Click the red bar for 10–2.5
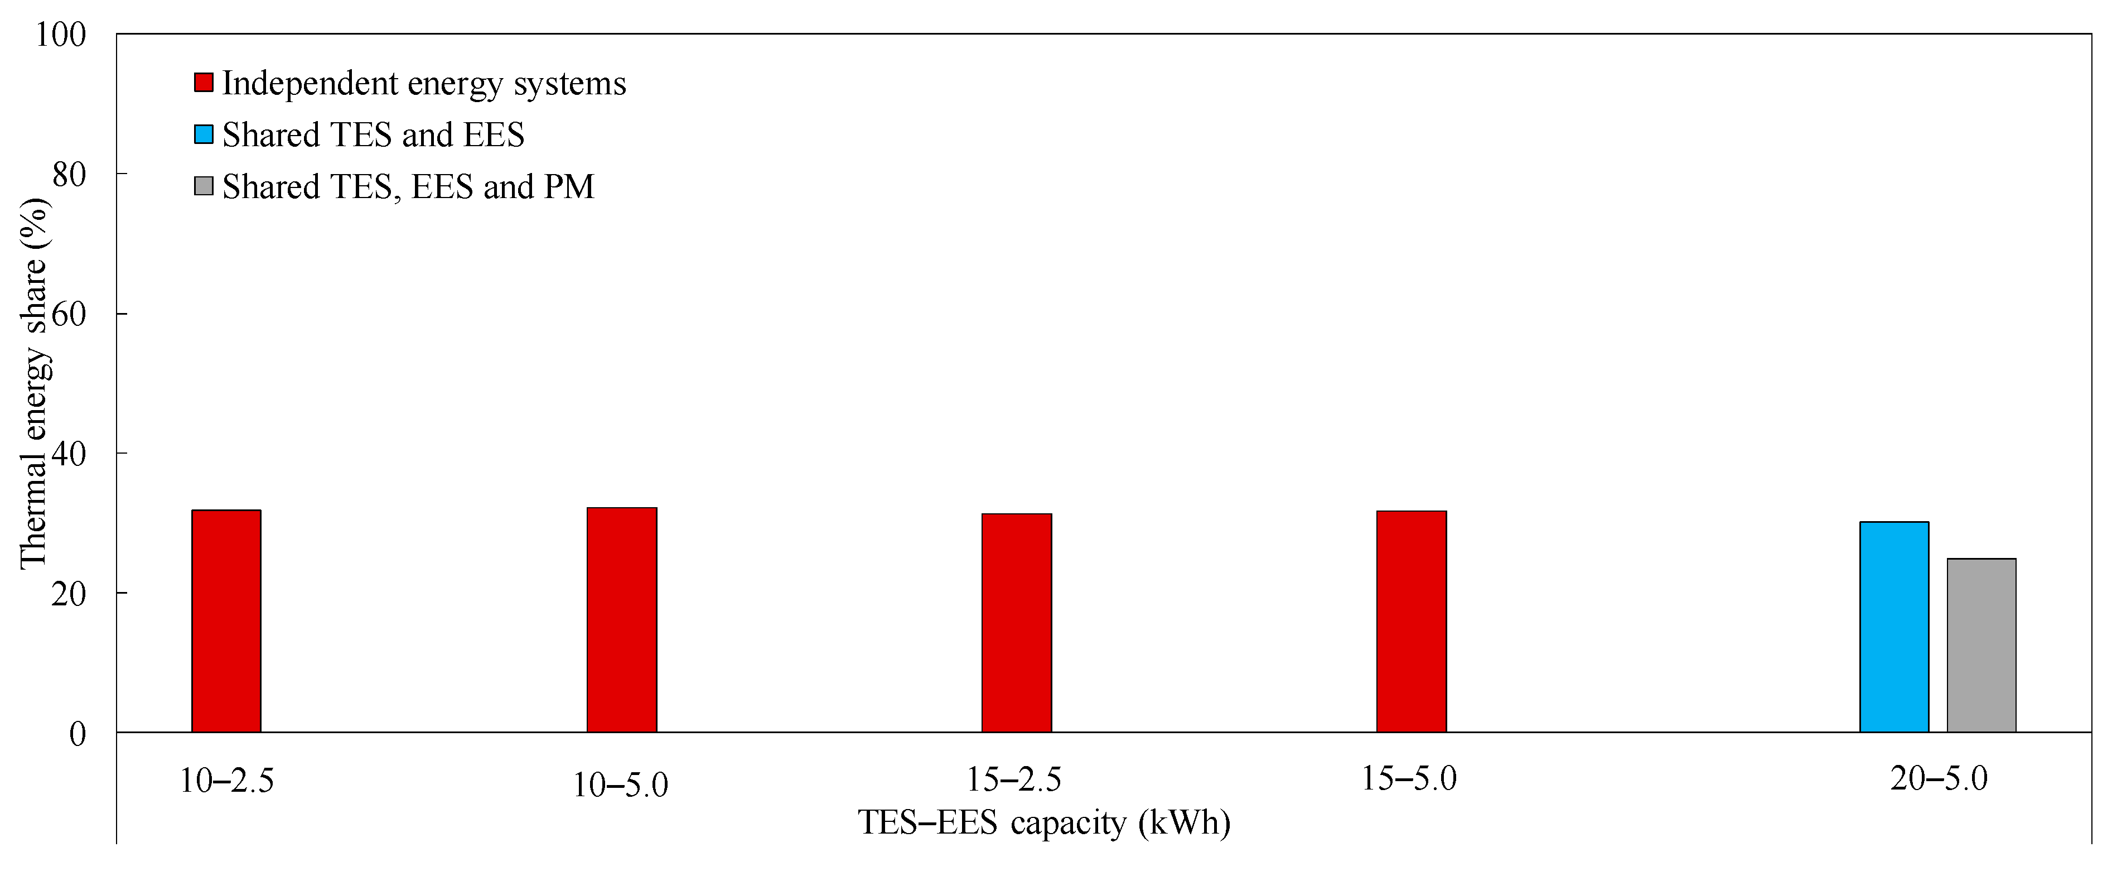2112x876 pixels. pos(226,621)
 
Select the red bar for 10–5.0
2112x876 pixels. pos(621,620)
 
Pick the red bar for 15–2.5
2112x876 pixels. pos(1017,623)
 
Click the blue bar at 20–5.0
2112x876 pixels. pos(1894,627)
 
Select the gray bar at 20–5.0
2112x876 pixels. pos(1981,646)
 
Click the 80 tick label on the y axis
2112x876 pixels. pos(69,175)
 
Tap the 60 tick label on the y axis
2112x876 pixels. pos(69,314)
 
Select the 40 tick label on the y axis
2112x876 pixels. pos(69,454)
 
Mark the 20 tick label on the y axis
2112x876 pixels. pos(69,594)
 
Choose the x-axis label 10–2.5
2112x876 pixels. pos(226,781)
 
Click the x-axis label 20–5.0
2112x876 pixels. pos(1939,778)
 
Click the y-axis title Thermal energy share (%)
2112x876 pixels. pos(35,383)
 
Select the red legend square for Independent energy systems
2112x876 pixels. pos(204,83)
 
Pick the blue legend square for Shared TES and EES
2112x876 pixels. pos(204,134)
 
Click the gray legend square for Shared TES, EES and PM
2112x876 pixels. pos(204,186)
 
